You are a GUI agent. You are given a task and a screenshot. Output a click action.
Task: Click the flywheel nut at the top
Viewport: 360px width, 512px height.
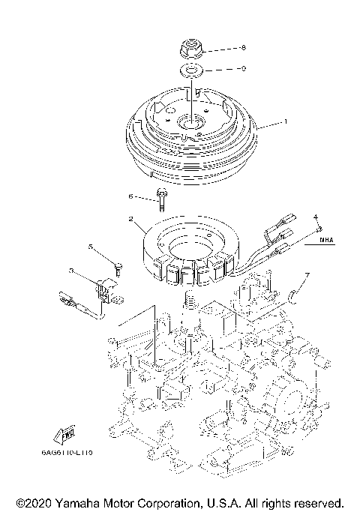pyautogui.click(x=192, y=51)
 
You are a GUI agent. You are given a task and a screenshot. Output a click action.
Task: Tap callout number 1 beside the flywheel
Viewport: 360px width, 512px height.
pyautogui.click(x=284, y=121)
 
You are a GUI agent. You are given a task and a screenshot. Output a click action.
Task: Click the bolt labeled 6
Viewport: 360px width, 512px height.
pyautogui.click(x=160, y=199)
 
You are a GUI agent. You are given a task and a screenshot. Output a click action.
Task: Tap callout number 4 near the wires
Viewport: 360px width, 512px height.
pyautogui.click(x=316, y=217)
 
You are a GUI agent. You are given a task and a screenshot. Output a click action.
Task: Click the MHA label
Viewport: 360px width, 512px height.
pyautogui.click(x=325, y=240)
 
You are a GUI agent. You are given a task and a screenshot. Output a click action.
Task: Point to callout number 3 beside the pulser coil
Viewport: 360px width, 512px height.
pyautogui.click(x=70, y=271)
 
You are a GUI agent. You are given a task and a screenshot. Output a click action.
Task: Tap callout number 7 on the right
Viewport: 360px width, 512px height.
pyautogui.click(x=304, y=275)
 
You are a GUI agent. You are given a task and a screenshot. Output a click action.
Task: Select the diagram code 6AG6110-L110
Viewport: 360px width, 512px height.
pyautogui.click(x=76, y=453)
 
